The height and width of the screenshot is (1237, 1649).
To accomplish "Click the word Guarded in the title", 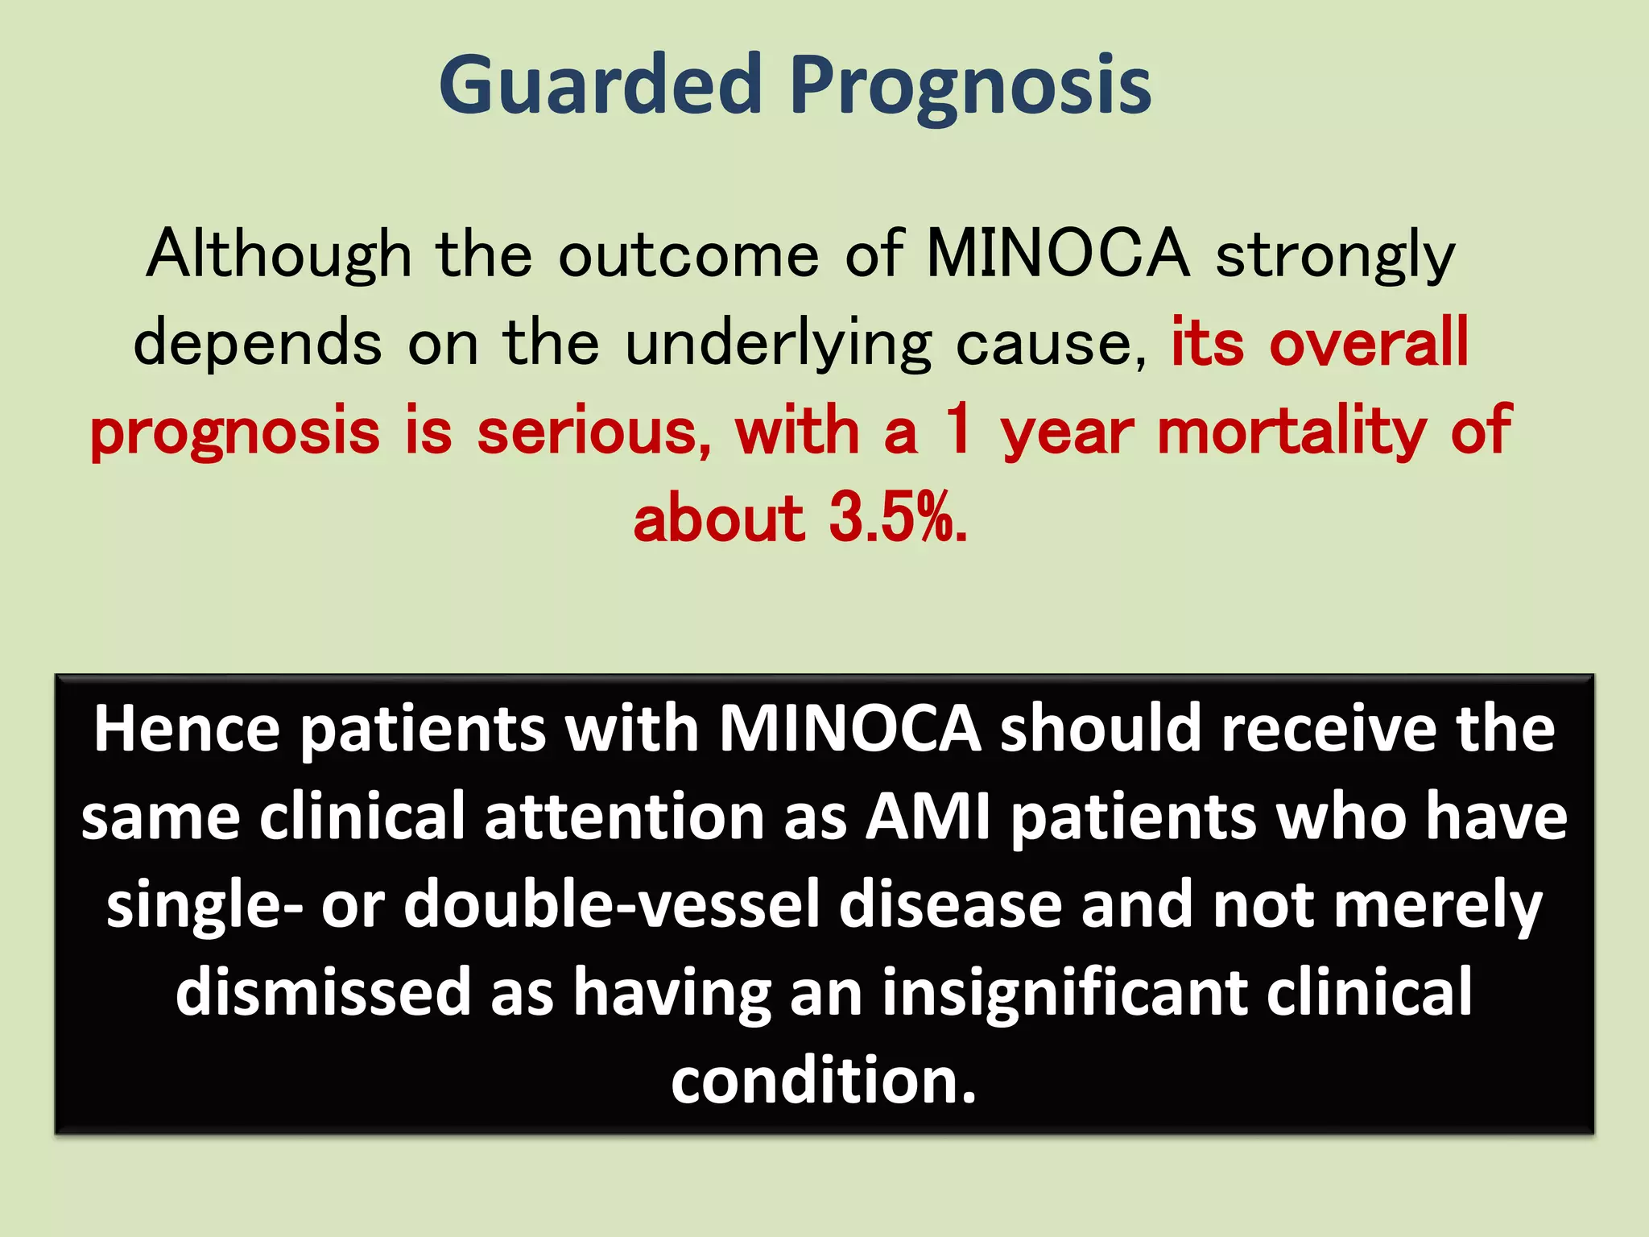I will pyautogui.click(x=600, y=85).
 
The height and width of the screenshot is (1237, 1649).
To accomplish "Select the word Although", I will pyautogui.click(x=279, y=254).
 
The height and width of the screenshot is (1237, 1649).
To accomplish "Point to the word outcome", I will pyautogui.click(x=688, y=254).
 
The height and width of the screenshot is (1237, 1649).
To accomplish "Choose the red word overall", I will pyautogui.click(x=1369, y=342).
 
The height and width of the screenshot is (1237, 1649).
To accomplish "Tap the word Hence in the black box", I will pyautogui.click(x=187, y=729).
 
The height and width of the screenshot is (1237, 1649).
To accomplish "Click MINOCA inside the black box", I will pyautogui.click(x=849, y=729).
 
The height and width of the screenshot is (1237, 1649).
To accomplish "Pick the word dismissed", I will pyautogui.click(x=323, y=992).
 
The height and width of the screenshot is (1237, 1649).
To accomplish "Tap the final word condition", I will pyautogui.click(x=823, y=1081).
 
